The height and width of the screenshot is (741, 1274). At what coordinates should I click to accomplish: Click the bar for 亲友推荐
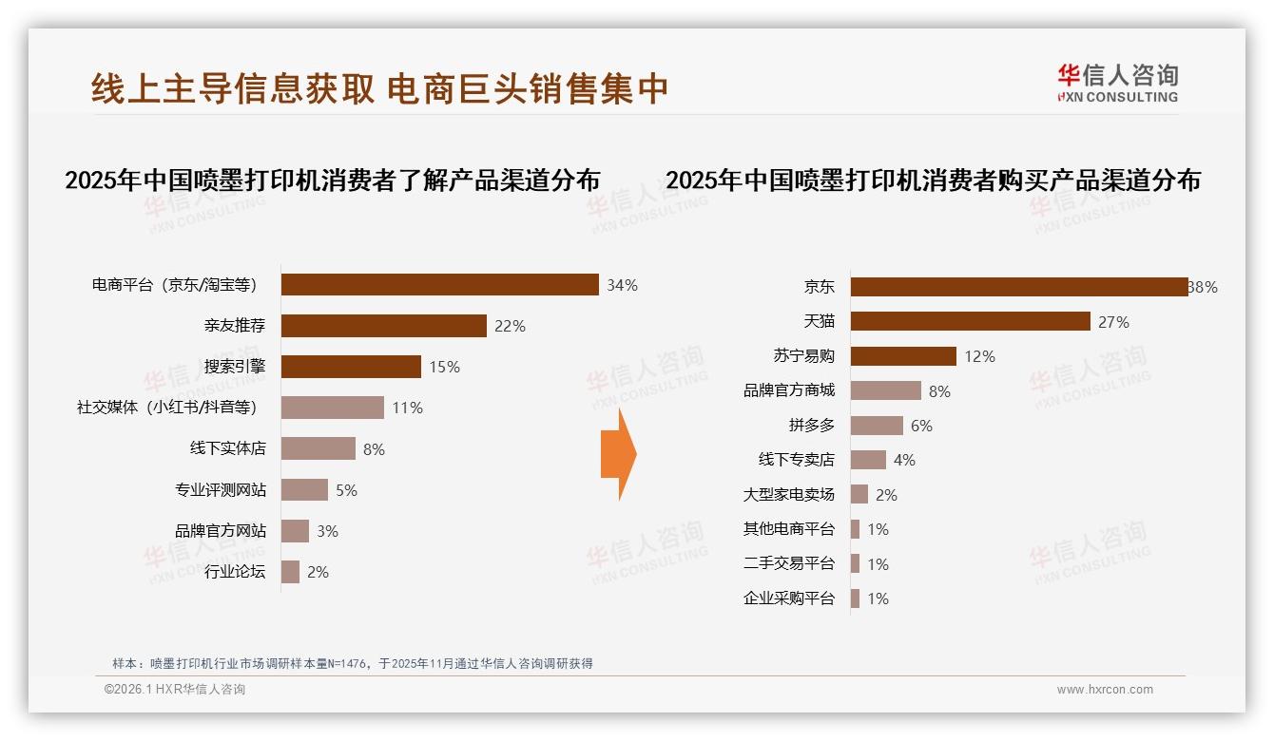click(x=384, y=326)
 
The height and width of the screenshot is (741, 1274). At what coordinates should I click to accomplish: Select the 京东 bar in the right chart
click(x=1018, y=287)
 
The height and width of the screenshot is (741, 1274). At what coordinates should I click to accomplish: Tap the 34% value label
click(x=622, y=285)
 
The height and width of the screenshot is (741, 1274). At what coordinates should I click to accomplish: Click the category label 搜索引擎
click(x=235, y=367)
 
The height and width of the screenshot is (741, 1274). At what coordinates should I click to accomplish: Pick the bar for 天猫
click(x=970, y=321)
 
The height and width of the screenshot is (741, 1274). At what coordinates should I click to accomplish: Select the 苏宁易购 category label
click(x=803, y=356)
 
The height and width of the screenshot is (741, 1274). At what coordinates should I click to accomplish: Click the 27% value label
click(x=1113, y=322)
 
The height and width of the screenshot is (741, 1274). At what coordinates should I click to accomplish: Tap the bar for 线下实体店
click(x=318, y=448)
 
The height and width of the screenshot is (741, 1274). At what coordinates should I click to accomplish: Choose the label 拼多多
click(x=811, y=426)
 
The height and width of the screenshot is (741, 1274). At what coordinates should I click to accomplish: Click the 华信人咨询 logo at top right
click(x=1117, y=83)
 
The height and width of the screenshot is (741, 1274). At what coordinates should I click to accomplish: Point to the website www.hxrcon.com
click(x=1105, y=690)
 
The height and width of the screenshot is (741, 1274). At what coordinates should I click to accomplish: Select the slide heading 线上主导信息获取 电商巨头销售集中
click(x=380, y=88)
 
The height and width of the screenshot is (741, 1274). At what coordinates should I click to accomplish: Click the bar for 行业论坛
click(x=290, y=572)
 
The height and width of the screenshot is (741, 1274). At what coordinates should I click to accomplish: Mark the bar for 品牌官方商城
click(x=885, y=390)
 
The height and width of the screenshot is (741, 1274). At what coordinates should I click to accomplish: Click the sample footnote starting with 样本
click(x=353, y=663)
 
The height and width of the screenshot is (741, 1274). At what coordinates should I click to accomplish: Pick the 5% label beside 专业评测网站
click(x=346, y=490)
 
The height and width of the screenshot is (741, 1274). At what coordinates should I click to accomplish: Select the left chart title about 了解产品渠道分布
click(x=332, y=180)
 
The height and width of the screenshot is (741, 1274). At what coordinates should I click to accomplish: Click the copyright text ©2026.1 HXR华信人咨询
click(x=175, y=690)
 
